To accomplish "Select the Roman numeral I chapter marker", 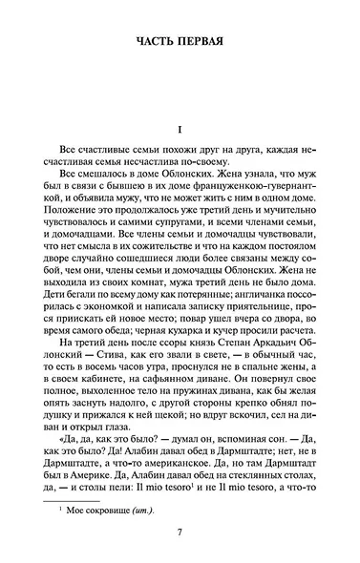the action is (x=179, y=129).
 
